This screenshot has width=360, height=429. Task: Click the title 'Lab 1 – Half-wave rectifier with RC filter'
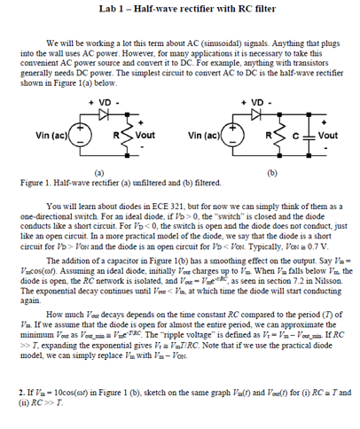(x=181, y=9)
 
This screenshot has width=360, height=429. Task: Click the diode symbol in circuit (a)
(x=106, y=114)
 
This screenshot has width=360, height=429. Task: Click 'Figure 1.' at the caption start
(x=35, y=180)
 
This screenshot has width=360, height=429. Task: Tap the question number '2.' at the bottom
(x=21, y=391)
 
